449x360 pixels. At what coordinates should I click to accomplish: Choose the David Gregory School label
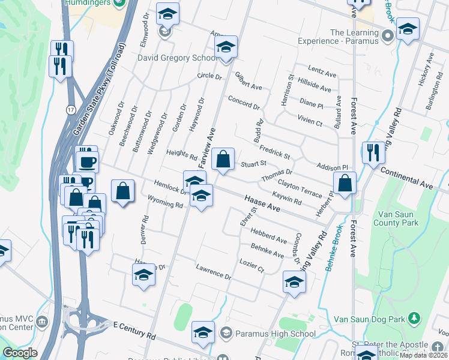click(177, 58)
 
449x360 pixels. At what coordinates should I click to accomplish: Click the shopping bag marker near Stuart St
click(223, 160)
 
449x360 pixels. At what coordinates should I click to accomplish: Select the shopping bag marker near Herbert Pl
click(345, 184)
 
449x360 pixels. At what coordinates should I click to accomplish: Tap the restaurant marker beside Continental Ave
click(373, 154)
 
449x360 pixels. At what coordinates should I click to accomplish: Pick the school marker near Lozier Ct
click(294, 283)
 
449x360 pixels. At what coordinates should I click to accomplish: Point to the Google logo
click(20, 353)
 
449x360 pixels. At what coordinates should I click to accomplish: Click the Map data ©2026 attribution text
click(424, 355)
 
